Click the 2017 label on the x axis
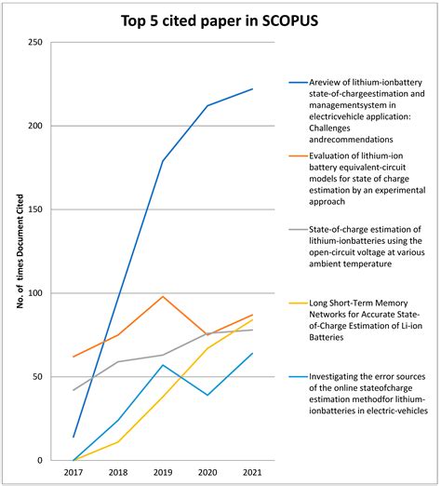pyautogui.click(x=73, y=473)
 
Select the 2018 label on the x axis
pyautogui.click(x=118, y=473)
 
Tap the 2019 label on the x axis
pyautogui.click(x=163, y=473)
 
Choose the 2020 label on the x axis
pyautogui.click(x=207, y=473)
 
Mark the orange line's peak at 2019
pyautogui.click(x=163, y=296)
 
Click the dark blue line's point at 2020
pyautogui.click(x=207, y=105)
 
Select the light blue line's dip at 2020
pyautogui.click(x=207, y=395)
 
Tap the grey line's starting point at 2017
pyautogui.click(x=73, y=390)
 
